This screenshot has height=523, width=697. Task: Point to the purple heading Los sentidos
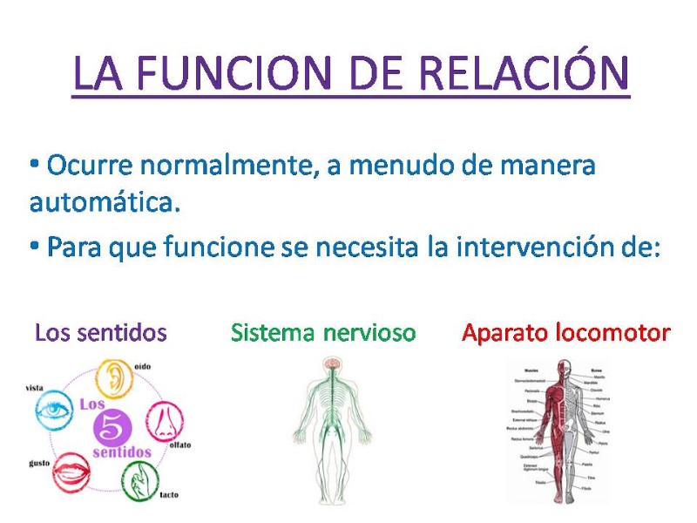[100, 333]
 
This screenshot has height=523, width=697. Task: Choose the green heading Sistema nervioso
[323, 333]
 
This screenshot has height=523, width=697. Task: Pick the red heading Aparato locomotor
[566, 333]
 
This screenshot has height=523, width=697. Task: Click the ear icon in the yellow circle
[113, 377]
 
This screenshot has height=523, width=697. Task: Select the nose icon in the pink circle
[163, 422]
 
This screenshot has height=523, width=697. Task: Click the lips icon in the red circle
[71, 471]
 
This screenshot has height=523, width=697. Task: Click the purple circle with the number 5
[112, 428]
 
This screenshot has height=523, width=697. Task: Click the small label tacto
[170, 495]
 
